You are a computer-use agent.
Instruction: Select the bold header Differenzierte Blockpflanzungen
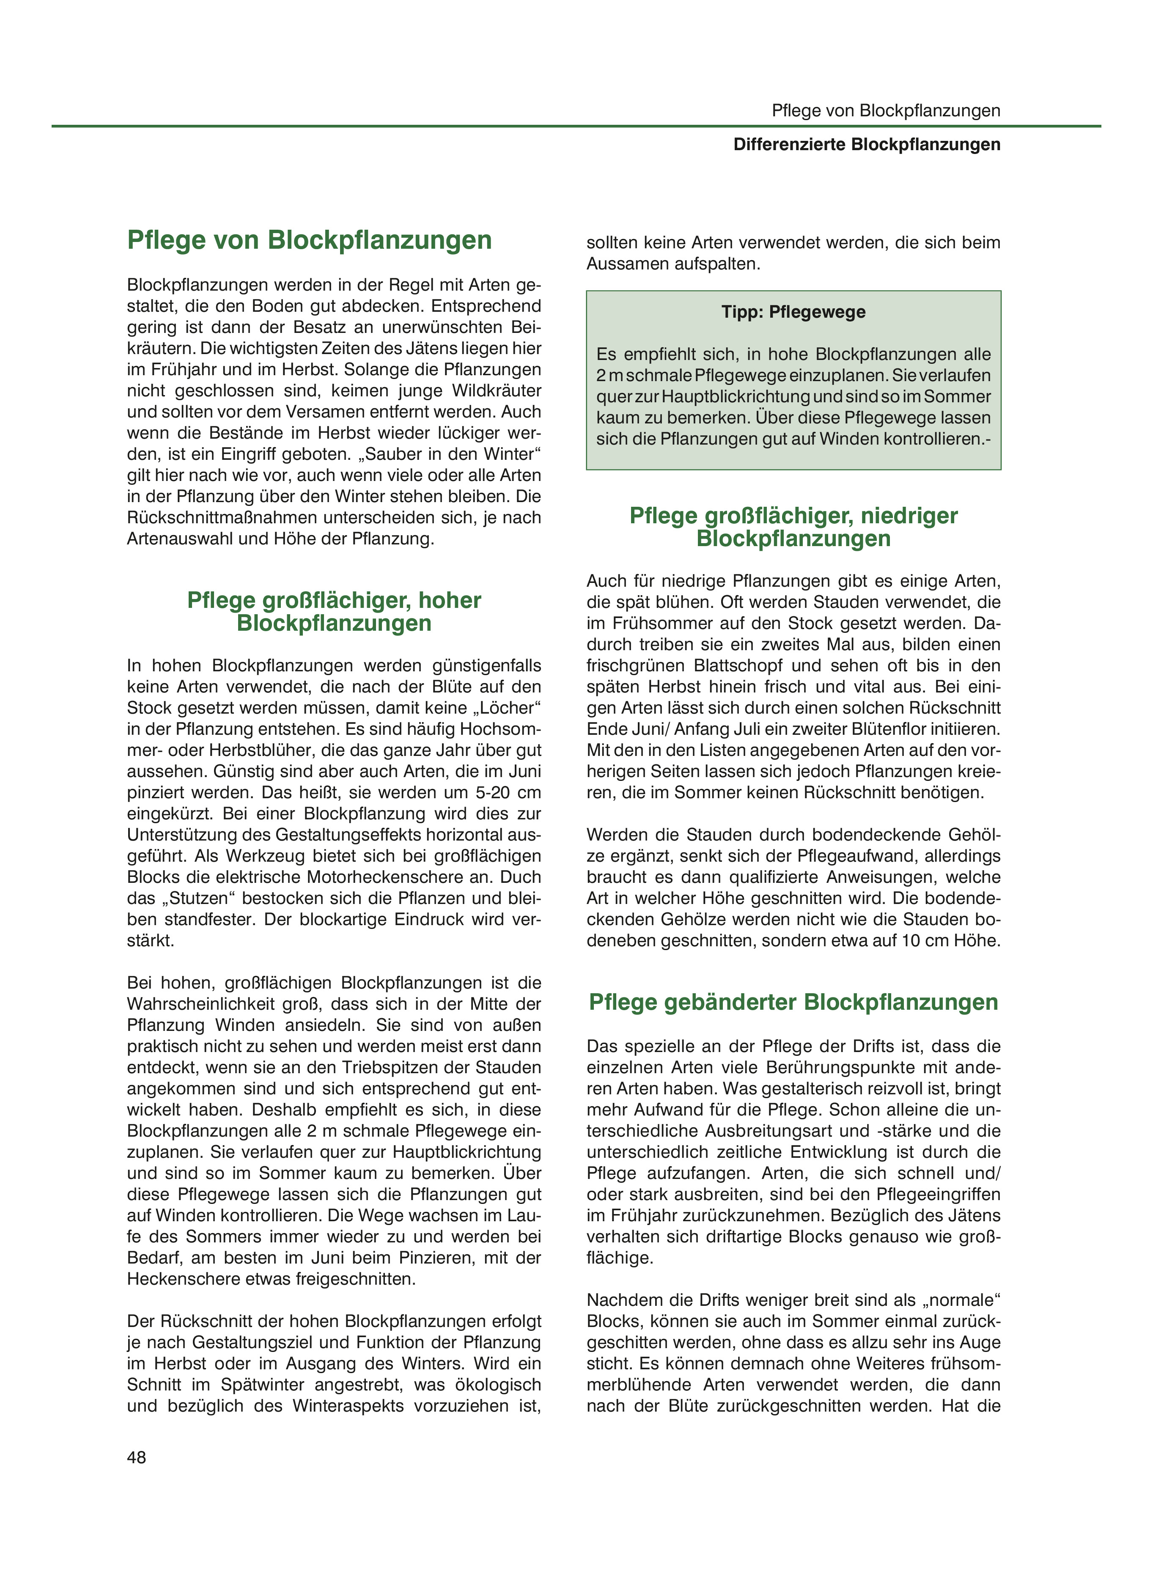pos(867,145)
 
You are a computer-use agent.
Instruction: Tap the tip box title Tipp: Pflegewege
pos(793,312)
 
